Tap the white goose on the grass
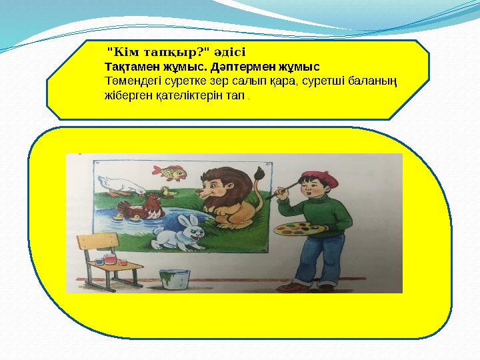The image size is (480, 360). click(117, 185)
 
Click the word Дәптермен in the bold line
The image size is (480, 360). click(248, 67)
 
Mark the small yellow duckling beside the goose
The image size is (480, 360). click(167, 193)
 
